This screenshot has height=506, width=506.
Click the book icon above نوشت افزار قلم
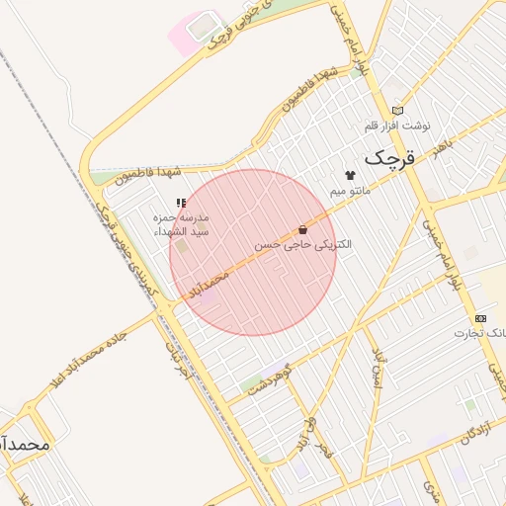[398, 111]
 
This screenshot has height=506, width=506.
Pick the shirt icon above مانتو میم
[349, 174]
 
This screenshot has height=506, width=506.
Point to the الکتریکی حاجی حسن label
[302, 243]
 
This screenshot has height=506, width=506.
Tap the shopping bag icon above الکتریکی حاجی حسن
[302, 228]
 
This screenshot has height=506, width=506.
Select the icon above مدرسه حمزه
[180, 203]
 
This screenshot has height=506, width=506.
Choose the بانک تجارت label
[480, 333]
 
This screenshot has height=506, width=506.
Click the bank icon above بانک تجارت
[480, 318]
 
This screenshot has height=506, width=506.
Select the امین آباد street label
[377, 371]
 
